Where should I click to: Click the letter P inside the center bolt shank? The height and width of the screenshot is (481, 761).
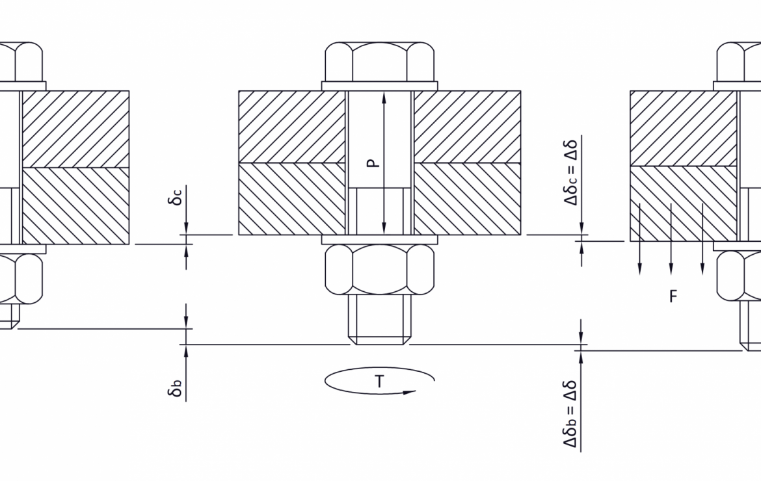(371, 162)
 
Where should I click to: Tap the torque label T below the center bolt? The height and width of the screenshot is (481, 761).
(379, 382)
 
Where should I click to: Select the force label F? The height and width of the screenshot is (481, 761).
(673, 297)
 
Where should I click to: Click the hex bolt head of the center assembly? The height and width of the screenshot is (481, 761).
(380, 62)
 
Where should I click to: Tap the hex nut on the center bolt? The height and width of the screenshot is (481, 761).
(380, 269)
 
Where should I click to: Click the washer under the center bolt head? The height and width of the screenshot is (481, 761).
(380, 86)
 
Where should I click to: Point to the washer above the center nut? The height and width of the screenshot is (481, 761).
(380, 239)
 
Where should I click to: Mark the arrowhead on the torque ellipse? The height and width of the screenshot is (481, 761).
(410, 392)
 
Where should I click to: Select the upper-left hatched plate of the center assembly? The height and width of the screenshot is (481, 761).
(291, 126)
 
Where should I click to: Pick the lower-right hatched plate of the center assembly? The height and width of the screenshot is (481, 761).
(467, 198)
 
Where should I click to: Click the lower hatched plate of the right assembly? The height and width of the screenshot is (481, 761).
(683, 203)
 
